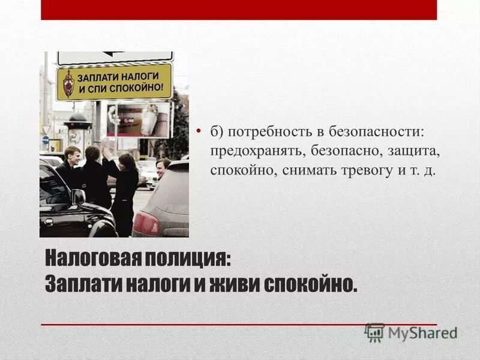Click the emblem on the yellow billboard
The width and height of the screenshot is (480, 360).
pos(68,83)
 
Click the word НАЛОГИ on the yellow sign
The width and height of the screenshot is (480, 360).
pos(142,76)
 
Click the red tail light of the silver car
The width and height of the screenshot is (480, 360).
pos(145,224)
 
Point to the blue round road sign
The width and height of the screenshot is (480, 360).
pos(46,139)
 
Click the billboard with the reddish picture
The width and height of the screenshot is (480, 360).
pos(139,119)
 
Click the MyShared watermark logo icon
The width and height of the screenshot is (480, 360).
pos(374,332)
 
